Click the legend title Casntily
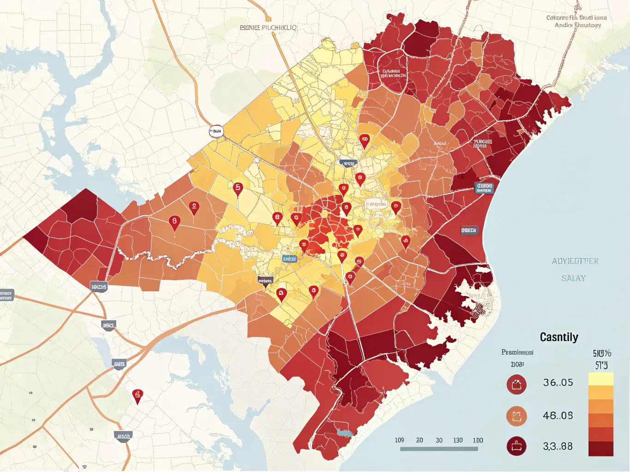559,337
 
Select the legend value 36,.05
558,383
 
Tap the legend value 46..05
558,416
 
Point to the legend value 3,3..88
558,446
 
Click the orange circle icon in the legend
516,416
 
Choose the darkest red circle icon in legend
516,446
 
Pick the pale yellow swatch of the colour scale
600,379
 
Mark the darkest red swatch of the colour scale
600,448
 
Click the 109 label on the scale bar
399,440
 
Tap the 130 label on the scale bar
458,440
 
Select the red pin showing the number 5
238,189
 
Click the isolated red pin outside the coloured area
137,395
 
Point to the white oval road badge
216,131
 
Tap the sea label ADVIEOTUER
575,261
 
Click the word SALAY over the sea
573,278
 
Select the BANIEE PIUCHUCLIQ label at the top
268,28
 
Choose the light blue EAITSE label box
289,259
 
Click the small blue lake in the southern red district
344,432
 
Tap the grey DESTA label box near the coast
469,230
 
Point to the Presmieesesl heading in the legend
517,353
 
